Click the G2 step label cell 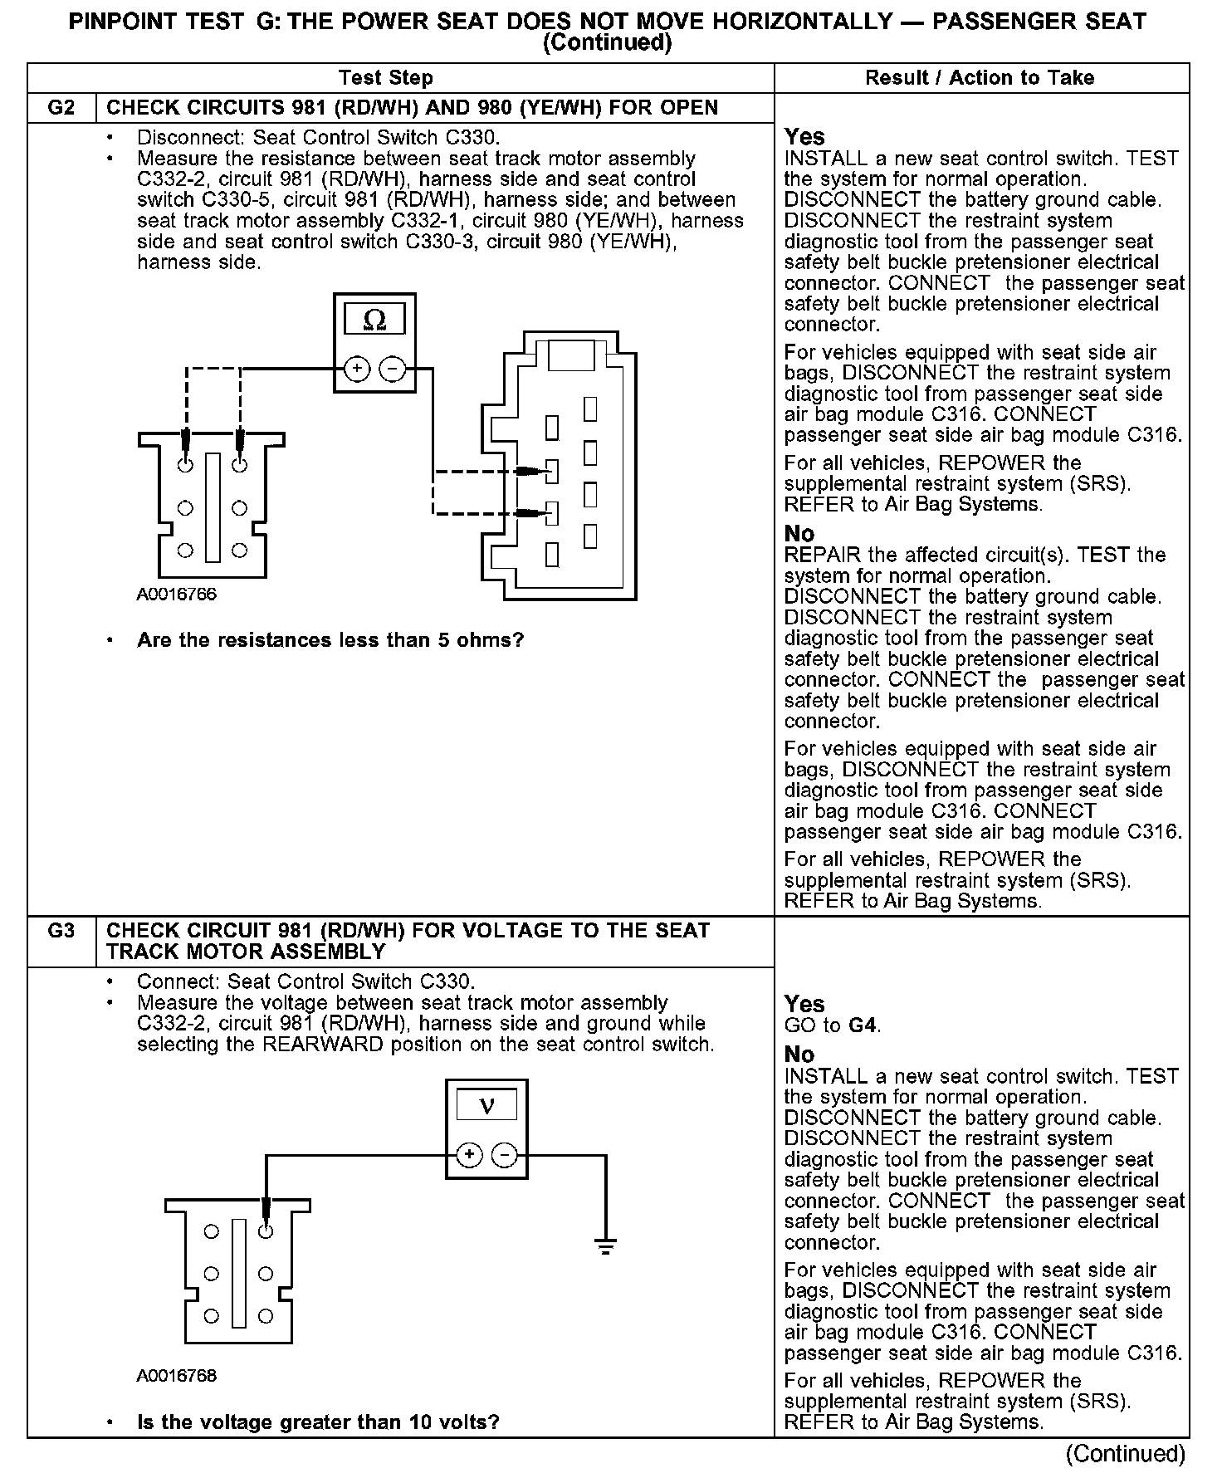coord(61,108)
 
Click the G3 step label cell coord(61,931)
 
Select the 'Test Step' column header coord(385,78)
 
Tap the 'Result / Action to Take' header coord(980,78)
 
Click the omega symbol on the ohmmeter coord(374,320)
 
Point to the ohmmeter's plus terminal coord(356,369)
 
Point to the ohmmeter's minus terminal coord(392,369)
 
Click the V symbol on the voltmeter coord(486,1106)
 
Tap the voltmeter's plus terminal coord(469,1155)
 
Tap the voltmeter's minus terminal coord(505,1155)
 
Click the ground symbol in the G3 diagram coord(606,1245)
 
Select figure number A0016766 coord(177,595)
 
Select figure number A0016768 coord(177,1376)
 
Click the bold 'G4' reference coord(863,1025)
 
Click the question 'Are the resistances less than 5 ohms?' coord(330,640)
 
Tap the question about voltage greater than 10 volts coord(318,1422)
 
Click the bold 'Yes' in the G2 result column coord(804,137)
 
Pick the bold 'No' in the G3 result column coord(799,1055)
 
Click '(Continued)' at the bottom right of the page coord(1126,1453)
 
